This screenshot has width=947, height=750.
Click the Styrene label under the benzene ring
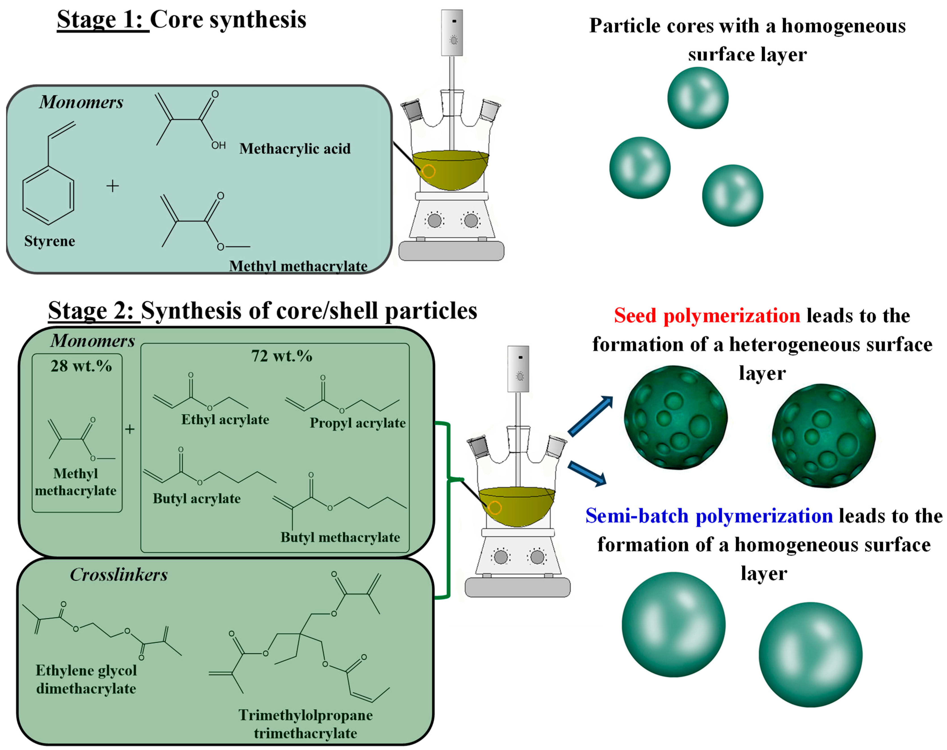(50, 241)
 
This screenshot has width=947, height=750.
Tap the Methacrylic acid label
(295, 149)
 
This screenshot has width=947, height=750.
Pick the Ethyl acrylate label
(225, 420)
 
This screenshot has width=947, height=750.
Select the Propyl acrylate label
(358, 423)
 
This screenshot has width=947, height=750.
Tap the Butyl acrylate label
(197, 499)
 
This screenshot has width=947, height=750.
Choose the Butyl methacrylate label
(340, 538)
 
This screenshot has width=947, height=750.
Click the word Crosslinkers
(119, 575)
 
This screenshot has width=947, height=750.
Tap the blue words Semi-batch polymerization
(709, 516)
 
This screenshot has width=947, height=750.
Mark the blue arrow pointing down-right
(587, 473)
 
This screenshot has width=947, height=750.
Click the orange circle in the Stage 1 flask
(429, 171)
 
